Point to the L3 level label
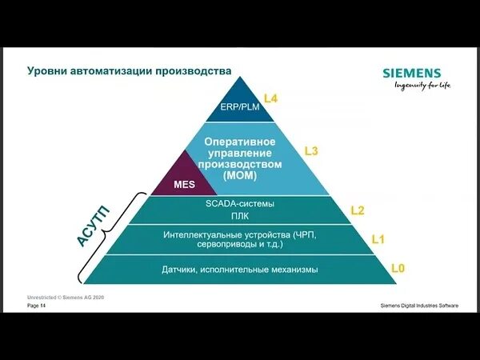[x=311, y=150]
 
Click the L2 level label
[x=358, y=210]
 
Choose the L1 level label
[x=378, y=239]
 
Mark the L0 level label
[x=398, y=268]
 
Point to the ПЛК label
[x=241, y=216]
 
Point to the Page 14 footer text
[x=37, y=306]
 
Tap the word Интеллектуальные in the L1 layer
[x=198, y=235]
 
